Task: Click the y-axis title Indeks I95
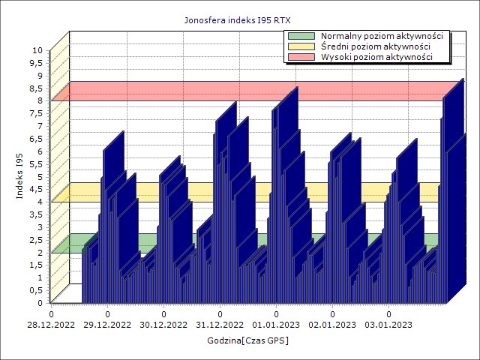(x=20, y=175)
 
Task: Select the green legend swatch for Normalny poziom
(x=301, y=36)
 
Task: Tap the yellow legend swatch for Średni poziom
(x=301, y=46)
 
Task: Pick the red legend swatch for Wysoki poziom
(x=301, y=57)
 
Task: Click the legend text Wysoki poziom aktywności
(x=376, y=57)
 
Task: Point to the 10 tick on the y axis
(x=37, y=50)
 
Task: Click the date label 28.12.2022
(x=52, y=325)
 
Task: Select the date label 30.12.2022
(x=164, y=325)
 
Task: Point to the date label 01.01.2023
(x=277, y=325)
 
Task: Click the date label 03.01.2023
(x=389, y=325)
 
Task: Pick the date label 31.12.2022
(x=220, y=325)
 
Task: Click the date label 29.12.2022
(x=108, y=325)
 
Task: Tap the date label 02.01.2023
(x=333, y=325)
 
